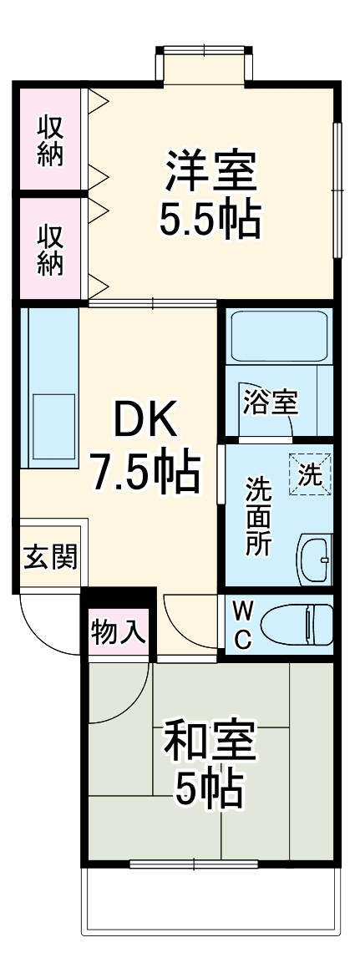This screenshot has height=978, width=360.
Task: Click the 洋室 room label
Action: (210, 170)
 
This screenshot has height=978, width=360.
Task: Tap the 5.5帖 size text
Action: (210, 218)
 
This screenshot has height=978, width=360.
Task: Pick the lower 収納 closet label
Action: (50, 248)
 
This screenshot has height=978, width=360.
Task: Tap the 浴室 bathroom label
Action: (270, 403)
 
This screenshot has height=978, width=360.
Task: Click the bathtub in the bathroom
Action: (278, 337)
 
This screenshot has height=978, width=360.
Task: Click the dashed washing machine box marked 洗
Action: (310, 474)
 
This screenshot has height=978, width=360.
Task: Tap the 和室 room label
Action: (210, 740)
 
